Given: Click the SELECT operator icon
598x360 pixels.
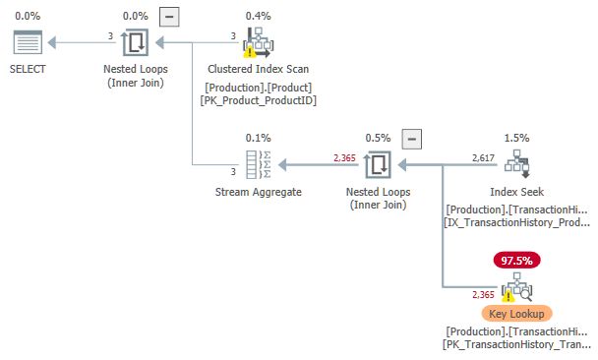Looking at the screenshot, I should pos(28,43).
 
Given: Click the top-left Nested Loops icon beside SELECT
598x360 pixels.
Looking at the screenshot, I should pos(135,43).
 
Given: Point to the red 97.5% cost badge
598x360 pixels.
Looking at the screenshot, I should pos(517,261).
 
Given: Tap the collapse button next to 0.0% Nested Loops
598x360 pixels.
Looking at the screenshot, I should pos(169,17).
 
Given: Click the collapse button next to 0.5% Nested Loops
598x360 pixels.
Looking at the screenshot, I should pos(413,139).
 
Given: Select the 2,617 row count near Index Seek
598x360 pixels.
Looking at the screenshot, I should pos(483,156).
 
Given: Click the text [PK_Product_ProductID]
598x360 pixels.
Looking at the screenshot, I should pos(259,100).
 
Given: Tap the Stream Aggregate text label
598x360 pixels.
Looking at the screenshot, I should pos(259,192).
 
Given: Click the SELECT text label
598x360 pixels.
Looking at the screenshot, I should pos(28,70).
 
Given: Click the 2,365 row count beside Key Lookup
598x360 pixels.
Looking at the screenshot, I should pos(483,294).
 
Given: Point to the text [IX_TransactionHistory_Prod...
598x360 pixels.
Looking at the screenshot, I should pos(517,223).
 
